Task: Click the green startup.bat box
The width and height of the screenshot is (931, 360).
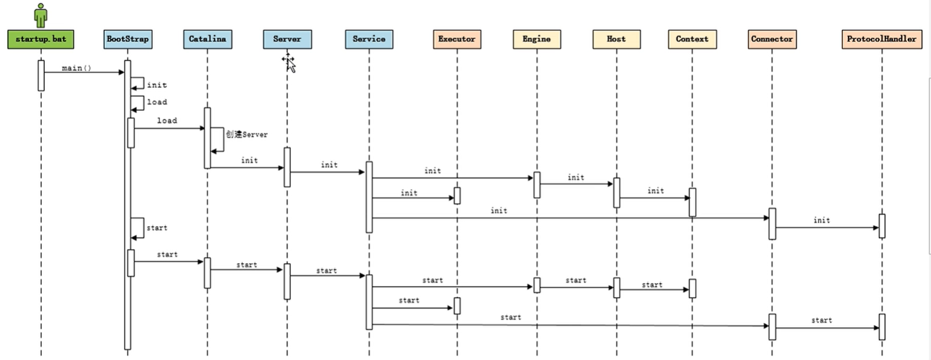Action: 41,39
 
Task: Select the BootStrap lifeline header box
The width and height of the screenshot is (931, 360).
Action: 128,39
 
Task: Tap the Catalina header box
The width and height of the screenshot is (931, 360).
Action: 208,39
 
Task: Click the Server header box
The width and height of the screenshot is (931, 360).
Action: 287,39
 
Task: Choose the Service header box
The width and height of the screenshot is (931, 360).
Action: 369,39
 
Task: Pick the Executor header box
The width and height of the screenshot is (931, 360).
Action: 457,39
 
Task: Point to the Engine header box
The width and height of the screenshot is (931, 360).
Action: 536,39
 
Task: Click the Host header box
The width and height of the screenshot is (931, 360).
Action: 616,39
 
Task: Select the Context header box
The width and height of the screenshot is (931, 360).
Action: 692,39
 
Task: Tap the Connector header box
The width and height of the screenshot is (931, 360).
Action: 772,39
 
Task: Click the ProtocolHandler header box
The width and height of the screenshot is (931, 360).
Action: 882,39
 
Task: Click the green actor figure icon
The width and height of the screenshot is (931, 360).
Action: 41,15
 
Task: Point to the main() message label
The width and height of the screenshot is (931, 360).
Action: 76,68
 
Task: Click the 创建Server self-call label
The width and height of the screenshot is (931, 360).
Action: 247,135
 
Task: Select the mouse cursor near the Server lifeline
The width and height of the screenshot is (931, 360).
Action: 289,63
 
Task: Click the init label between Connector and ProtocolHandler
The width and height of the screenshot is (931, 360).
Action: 822,221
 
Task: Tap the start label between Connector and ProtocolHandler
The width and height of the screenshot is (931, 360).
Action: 822,321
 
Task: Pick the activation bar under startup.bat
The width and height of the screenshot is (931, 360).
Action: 41,75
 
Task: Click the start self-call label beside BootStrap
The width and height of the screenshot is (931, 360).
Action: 157,228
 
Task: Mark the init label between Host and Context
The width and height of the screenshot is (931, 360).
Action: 655,191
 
